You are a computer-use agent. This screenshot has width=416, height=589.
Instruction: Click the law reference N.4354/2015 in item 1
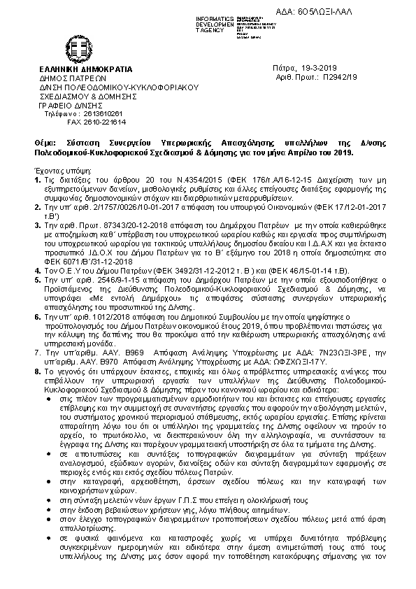pyautogui.click(x=150, y=180)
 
